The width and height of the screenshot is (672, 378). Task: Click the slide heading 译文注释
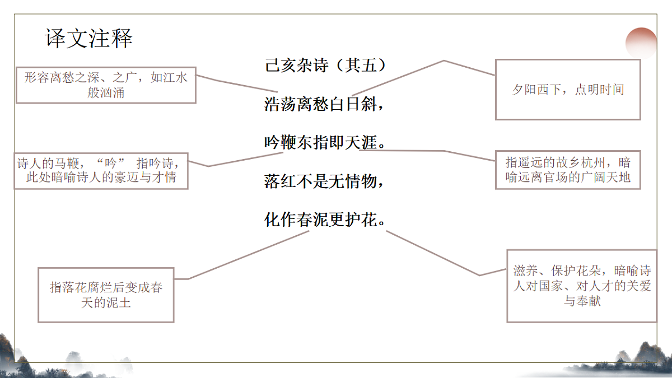[89, 39]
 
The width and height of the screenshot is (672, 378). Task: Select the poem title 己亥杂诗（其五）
[325, 66]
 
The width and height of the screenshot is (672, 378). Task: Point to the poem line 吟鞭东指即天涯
[325, 143]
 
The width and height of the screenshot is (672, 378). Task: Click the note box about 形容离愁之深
[106, 85]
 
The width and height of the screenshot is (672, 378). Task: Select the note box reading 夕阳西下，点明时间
[567, 90]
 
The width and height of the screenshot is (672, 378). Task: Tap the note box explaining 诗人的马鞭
[101, 171]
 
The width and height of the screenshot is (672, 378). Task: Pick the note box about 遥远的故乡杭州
[568, 170]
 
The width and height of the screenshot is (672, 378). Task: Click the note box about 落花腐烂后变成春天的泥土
[106, 295]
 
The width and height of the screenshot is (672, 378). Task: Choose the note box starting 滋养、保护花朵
[581, 286]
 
